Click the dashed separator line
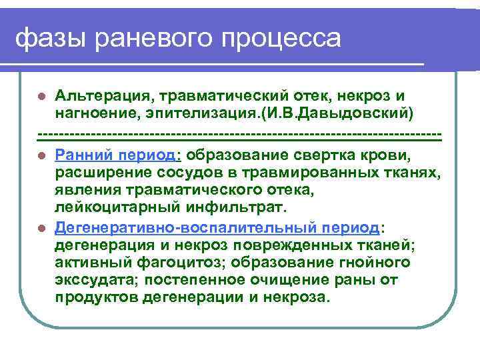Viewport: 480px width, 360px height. [240, 136]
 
